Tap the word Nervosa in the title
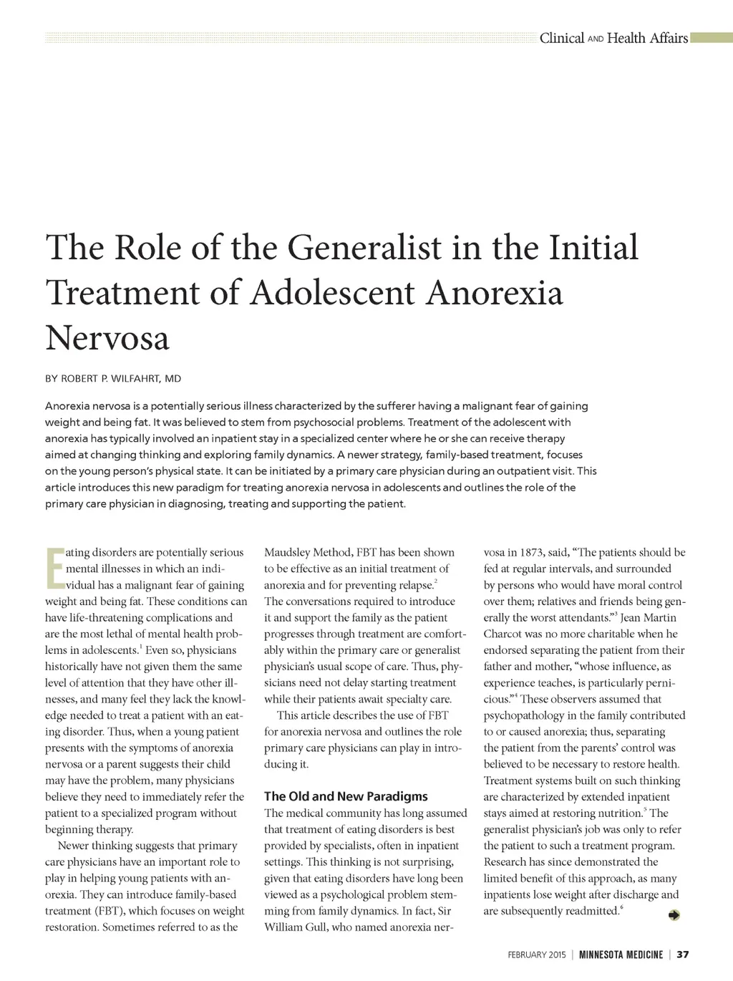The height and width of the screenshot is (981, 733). tap(107, 338)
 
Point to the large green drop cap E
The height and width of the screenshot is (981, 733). tap(54, 568)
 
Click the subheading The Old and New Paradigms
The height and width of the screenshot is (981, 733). tap(346, 796)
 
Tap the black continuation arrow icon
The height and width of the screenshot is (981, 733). tap(674, 914)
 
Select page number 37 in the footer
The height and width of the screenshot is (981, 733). tap(682, 955)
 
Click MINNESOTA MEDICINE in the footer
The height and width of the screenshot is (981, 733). tap(621, 955)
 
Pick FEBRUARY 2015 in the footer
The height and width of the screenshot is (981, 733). tap(536, 955)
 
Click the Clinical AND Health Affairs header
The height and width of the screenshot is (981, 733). tap(613, 38)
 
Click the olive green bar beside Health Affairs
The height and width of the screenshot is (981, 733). tap(711, 38)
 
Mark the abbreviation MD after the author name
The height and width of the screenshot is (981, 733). tap(173, 378)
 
